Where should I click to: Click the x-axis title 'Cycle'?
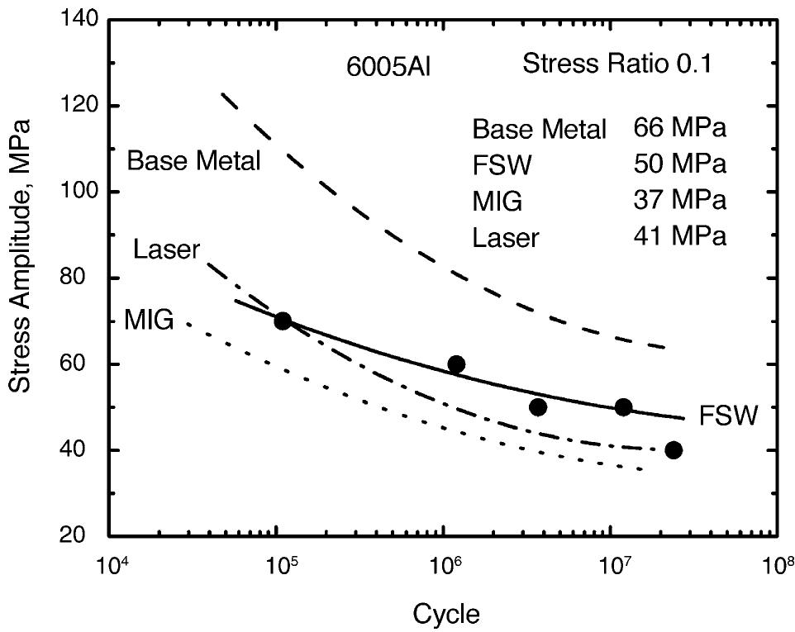[x=446, y=613]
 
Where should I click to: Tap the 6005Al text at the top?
[x=388, y=68]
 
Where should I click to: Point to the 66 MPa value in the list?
[x=679, y=128]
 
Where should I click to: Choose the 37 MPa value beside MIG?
[x=679, y=201]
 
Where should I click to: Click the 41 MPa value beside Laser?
[x=679, y=237]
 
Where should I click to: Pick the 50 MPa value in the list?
[x=679, y=164]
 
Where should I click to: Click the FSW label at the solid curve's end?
[x=728, y=415]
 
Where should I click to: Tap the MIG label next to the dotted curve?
[x=149, y=319]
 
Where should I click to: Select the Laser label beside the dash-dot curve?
[x=166, y=249]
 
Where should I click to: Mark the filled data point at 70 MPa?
[x=283, y=321]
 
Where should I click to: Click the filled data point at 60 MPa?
[x=456, y=364]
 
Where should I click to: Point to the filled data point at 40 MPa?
[x=674, y=450]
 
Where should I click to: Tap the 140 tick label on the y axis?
[x=78, y=20]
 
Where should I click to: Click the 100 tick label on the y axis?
[x=78, y=192]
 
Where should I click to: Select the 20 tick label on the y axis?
[x=83, y=536]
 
